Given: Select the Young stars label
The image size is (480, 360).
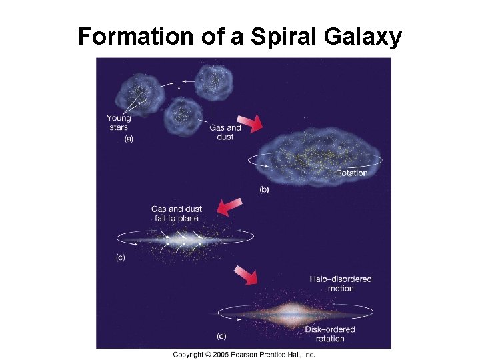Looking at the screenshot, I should coord(119,123).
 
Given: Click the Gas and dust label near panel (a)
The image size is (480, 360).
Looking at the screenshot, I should coord(225,132).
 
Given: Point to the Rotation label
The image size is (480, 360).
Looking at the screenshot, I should coord(351,173).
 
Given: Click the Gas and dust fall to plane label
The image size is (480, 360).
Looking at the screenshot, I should coord(177,214).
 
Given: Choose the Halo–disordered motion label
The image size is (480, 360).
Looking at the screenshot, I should coord(340,283).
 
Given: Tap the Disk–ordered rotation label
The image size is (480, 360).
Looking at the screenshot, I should coord(330,334).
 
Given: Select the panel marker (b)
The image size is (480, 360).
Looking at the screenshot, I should coord(264,189).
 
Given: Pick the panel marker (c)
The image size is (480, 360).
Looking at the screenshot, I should coord(121,257).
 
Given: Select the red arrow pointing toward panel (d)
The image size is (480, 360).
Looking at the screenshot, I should coord(246,274).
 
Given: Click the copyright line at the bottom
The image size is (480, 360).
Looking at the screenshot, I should coord(244,354).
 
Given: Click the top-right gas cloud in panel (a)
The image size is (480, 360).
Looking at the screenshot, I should coord(213,81).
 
